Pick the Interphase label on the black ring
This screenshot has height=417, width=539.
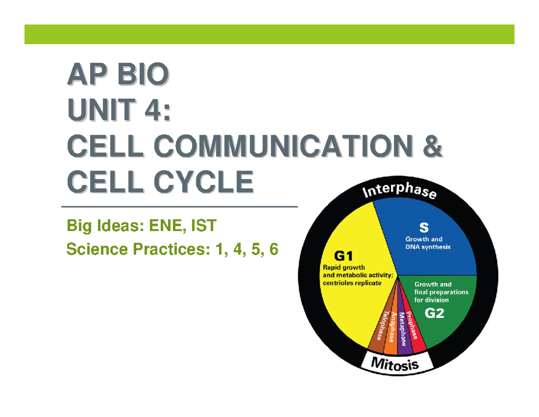click(399, 192)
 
